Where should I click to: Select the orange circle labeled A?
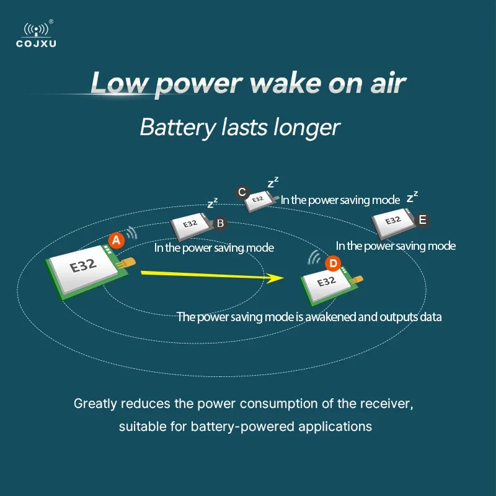116,239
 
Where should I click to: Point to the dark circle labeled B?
219,223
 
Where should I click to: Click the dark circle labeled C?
242,192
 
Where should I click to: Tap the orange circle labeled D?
333,263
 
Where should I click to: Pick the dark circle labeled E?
423,219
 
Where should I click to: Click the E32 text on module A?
82,266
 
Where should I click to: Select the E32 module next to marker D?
327,282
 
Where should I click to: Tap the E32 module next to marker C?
258,200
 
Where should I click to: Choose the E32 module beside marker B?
190,226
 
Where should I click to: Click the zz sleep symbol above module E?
412,197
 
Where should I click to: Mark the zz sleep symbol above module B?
213,203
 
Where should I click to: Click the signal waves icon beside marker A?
131,232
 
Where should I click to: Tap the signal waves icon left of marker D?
314,258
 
